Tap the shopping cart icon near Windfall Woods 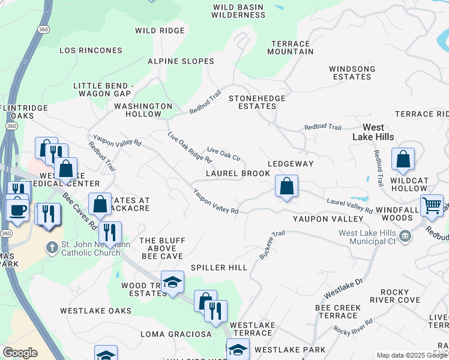pos(432,205)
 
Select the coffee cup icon pos(17,210)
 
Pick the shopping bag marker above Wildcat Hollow pos(403,159)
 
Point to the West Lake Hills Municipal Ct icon pos(406,234)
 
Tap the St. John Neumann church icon pos(53,247)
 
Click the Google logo pos(20,353)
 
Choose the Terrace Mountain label pos(291,48)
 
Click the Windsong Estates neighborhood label pos(352,73)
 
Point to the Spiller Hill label pos(218,267)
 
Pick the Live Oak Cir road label pos(223,154)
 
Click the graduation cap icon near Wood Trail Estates pos(172,282)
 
